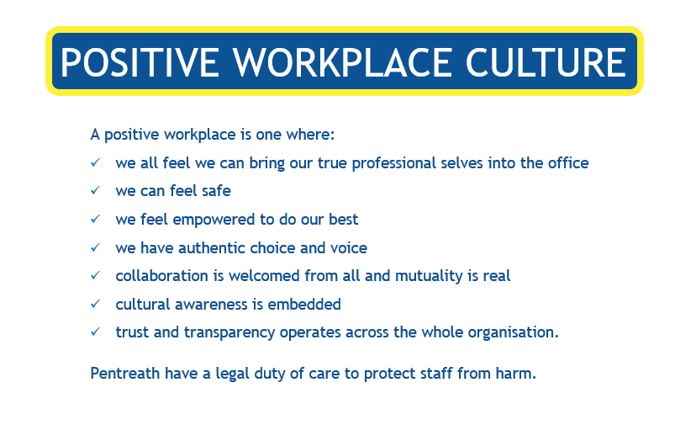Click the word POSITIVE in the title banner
click(140, 62)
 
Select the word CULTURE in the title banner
click(546, 62)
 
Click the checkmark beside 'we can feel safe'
click(96, 190)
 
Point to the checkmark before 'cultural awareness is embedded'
click(96, 304)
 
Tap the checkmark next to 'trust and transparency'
click(96, 332)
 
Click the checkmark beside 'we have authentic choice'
click(96, 247)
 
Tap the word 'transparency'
click(229, 332)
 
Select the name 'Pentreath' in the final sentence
click(125, 374)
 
